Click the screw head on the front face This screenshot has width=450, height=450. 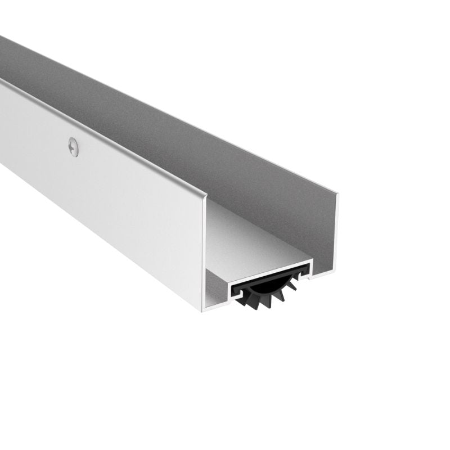point(73,147)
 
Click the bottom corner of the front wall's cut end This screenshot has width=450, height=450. point(203,310)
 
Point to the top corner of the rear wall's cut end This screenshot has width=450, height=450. point(337,195)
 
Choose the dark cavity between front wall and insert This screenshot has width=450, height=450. point(217,287)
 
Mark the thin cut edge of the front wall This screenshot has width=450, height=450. point(204,253)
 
